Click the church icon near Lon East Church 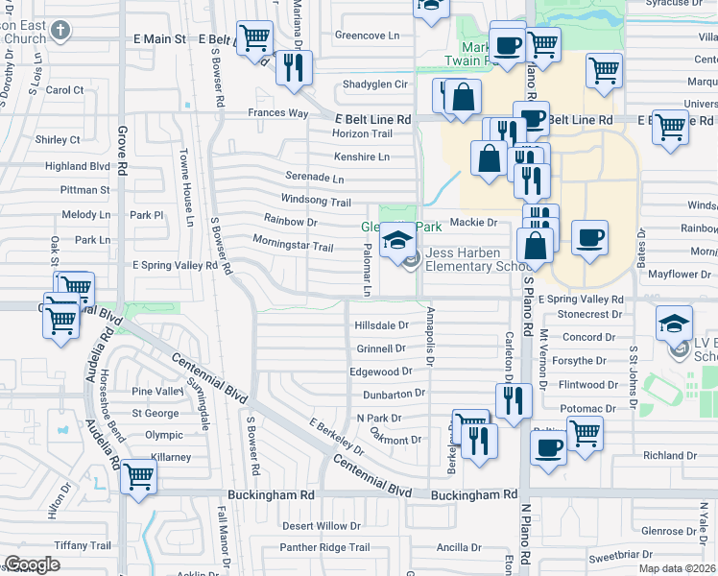(60, 30)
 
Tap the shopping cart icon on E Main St (254, 40)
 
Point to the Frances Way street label (277, 113)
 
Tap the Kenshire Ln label (362, 156)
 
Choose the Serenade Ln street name (314, 178)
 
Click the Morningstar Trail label (292, 247)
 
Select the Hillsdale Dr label (381, 325)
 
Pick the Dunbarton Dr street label (394, 394)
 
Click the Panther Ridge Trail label (323, 547)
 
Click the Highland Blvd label (78, 166)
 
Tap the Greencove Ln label (367, 36)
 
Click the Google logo (32, 564)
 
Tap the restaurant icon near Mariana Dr (294, 67)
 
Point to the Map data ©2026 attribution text (677, 568)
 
